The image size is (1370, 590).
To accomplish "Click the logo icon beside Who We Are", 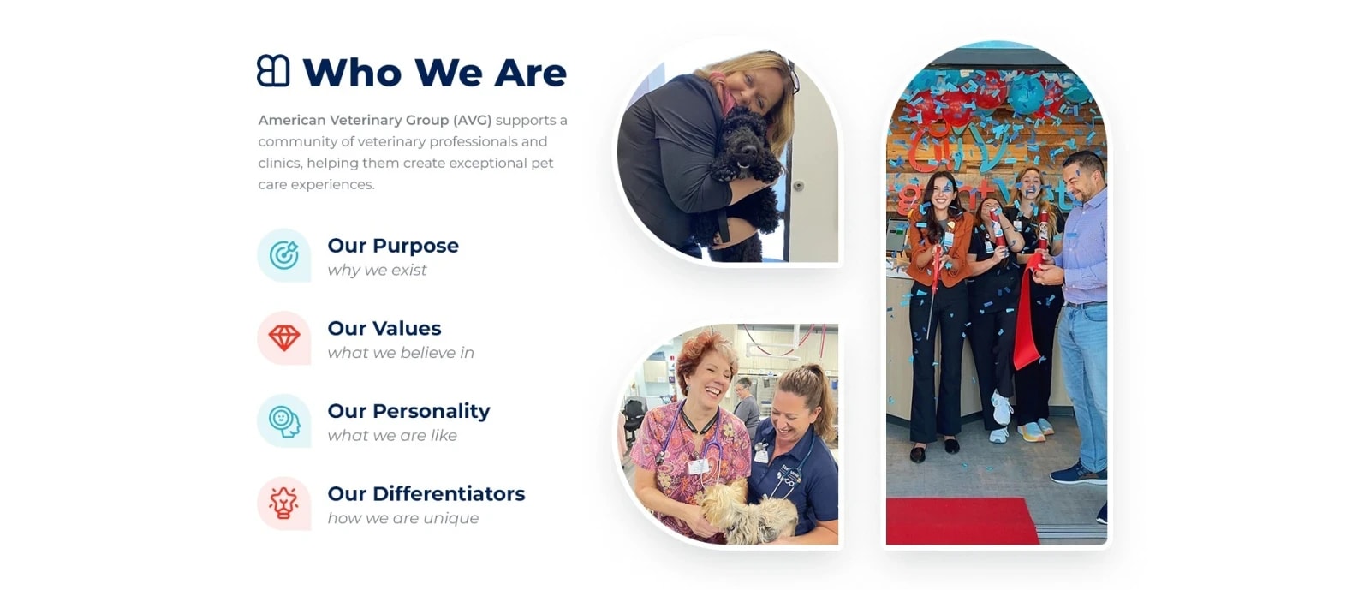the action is (273, 71).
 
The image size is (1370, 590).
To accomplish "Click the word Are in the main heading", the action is (530, 73).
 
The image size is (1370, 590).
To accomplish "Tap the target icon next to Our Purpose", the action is (283, 255).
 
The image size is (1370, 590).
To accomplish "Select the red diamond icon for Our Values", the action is (283, 337).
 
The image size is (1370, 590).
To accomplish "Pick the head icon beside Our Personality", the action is (284, 421).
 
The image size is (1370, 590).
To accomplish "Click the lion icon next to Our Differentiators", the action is (283, 504).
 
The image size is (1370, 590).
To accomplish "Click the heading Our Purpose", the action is (393, 246).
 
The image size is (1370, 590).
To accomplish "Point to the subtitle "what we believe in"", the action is (401, 353).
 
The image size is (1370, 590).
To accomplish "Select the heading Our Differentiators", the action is (426, 493).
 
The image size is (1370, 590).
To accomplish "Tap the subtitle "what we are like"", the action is (392, 435).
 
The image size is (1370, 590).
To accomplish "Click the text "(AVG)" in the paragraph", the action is (472, 121).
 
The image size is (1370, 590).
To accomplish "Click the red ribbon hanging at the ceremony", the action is (1028, 312).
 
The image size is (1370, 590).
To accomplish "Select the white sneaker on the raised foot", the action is (1001, 408).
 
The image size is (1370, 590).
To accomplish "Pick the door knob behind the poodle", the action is (798, 185).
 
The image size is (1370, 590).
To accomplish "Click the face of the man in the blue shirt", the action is (1081, 179).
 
